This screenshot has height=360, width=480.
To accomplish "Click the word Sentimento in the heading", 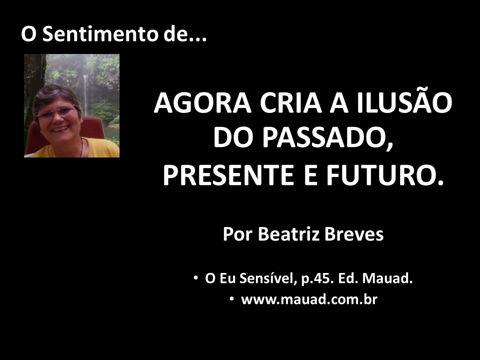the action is point(100,33).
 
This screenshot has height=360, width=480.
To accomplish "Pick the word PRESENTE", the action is point(228,175).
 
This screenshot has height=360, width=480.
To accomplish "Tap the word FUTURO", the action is point(381,175).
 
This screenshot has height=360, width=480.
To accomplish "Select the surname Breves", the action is point(354,234).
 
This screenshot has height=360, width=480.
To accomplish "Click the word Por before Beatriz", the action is point(238,234).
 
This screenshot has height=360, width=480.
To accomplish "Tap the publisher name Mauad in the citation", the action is point(387,278).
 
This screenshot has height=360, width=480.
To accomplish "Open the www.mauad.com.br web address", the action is point(309,299).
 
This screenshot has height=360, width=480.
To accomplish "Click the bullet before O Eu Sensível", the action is point(195,278).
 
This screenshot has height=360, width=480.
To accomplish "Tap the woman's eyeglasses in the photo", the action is point(56,112).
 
